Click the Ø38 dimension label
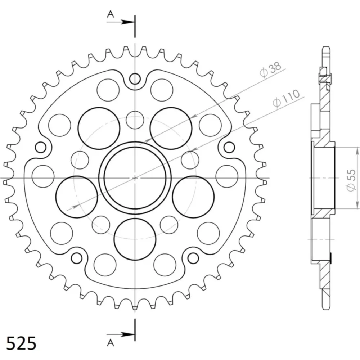(x=270, y=69)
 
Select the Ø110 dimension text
(x=286, y=98)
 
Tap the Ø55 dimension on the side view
(x=351, y=180)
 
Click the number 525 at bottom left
(x=21, y=343)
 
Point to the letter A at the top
(x=111, y=14)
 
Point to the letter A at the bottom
(x=111, y=343)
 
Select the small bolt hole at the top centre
(x=135, y=79)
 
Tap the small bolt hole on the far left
(x=41, y=147)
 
